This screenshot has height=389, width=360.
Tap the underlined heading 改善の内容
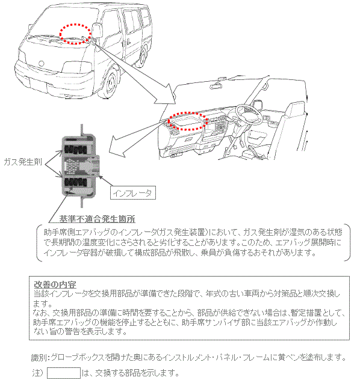click(54, 283)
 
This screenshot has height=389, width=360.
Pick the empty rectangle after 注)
click(64, 373)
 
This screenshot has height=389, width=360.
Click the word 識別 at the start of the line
click(39, 357)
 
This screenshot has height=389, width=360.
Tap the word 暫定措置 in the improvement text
click(308, 313)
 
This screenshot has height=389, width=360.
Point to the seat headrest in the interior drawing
click(300, 111)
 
